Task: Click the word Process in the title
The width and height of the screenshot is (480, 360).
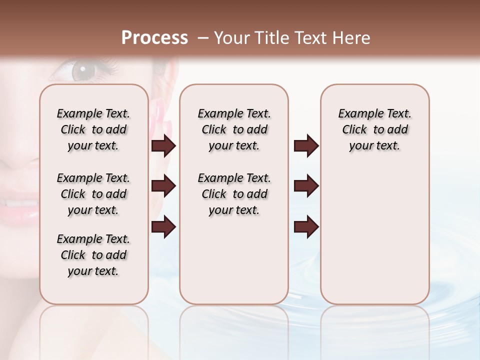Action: pos(154,38)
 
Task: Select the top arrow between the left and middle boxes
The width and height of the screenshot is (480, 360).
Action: pos(163,146)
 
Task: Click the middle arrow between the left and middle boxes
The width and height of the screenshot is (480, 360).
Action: pos(163,186)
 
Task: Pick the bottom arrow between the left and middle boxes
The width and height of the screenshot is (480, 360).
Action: pos(163,227)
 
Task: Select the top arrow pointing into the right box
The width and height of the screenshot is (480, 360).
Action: pos(306,146)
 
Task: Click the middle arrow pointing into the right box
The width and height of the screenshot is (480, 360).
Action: pos(306,186)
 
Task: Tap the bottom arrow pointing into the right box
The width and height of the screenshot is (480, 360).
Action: pos(306,227)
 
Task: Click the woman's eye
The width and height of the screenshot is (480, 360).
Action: pos(80,70)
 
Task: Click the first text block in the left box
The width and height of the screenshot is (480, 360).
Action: pos(93,129)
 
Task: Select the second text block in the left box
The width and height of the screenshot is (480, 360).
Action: pos(93,194)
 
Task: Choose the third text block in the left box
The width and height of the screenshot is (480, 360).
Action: pos(93,255)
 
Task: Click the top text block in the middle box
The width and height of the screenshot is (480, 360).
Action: pos(234,129)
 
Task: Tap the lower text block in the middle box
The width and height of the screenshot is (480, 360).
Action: pos(234,194)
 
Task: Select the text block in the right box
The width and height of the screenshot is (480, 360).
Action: pos(374,129)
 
